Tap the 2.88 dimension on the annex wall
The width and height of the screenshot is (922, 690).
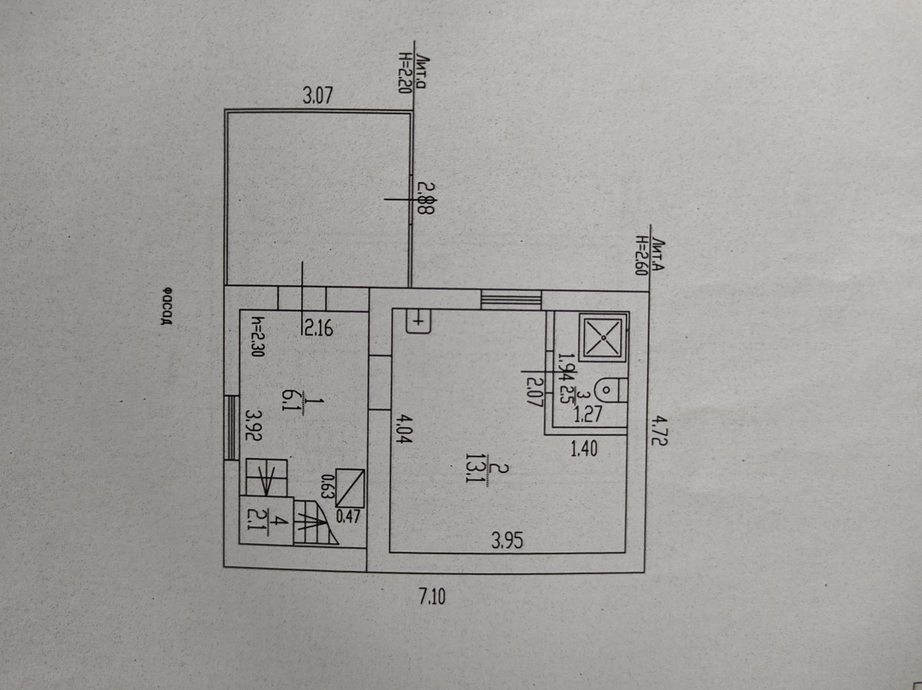click(x=427, y=198)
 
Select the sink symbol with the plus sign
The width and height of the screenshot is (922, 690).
click(x=418, y=321)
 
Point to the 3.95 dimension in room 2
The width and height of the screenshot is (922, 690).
click(x=506, y=543)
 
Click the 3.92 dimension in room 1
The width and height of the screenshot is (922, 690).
click(x=254, y=427)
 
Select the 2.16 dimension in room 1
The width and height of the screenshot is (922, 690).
click(x=315, y=326)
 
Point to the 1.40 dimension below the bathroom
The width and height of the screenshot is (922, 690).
click(x=583, y=449)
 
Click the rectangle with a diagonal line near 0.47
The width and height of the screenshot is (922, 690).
click(x=350, y=488)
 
